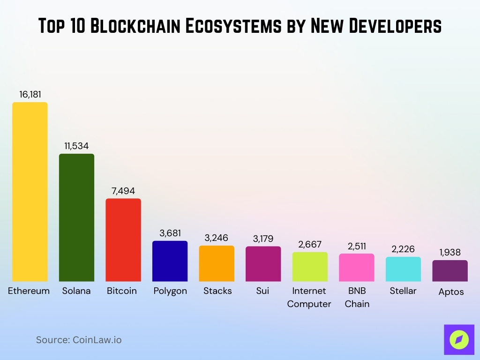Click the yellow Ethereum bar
(x=30, y=192)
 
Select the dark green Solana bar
(x=76, y=217)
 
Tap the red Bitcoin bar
(x=123, y=240)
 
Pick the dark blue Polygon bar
(x=170, y=261)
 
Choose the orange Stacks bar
(x=217, y=263)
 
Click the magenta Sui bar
(x=263, y=264)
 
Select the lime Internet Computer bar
(x=310, y=267)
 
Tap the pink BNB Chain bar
(x=357, y=268)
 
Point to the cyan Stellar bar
(x=403, y=269)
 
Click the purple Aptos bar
(x=450, y=271)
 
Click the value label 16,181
(x=30, y=94)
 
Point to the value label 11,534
(x=76, y=146)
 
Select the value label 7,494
(x=123, y=191)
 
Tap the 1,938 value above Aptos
(x=450, y=253)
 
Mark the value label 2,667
(x=310, y=244)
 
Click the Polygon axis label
(x=170, y=291)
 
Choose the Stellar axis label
(x=403, y=291)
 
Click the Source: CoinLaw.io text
(x=79, y=340)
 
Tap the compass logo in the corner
(x=459, y=339)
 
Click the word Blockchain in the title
(x=135, y=26)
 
